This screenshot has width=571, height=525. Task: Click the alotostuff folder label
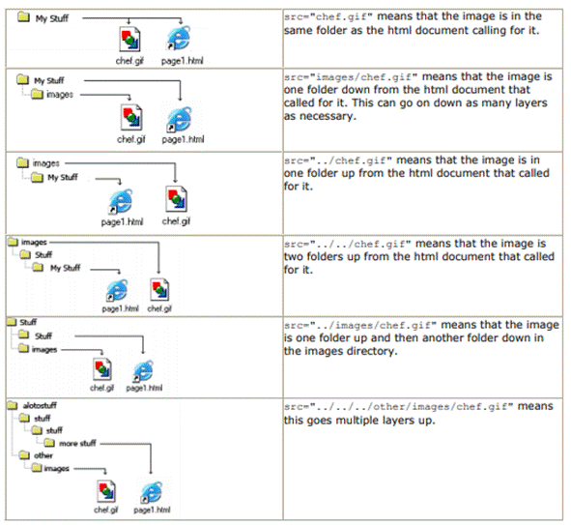40,405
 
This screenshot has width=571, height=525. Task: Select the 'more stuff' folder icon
49,443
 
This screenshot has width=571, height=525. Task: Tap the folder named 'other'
24,455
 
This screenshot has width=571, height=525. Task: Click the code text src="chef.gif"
328,17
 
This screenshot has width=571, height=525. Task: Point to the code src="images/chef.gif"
351,77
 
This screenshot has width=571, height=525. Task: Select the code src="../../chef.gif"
348,244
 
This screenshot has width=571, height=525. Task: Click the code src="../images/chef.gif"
360,326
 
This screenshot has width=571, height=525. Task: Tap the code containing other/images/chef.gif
399,407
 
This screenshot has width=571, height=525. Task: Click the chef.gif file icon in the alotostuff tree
106,491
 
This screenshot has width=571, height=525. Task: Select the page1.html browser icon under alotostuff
152,492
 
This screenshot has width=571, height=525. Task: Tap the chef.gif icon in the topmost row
129,40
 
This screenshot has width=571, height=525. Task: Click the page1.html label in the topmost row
182,61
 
